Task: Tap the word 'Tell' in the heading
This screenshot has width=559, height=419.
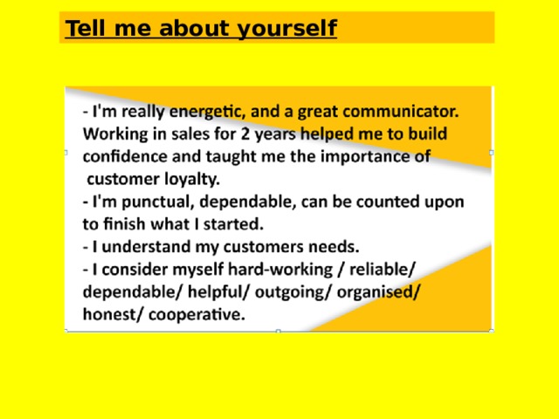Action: (83, 29)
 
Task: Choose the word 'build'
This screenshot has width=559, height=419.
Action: (424, 135)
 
